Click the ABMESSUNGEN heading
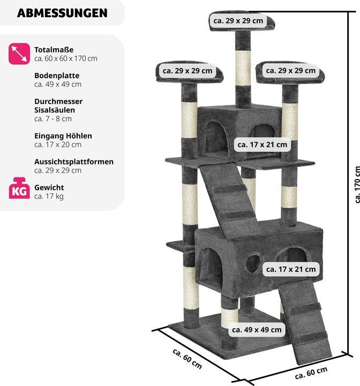click(62, 13)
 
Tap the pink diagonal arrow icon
click(19, 54)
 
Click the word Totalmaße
click(54, 49)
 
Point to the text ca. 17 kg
click(49, 196)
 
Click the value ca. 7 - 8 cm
click(52, 118)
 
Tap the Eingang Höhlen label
click(63, 136)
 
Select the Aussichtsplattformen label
click(74, 161)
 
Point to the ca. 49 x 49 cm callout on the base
click(256, 330)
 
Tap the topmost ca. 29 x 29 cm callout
click(238, 21)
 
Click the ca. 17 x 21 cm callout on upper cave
click(262, 144)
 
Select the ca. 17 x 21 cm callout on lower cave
click(291, 269)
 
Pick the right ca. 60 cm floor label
click(311, 372)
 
